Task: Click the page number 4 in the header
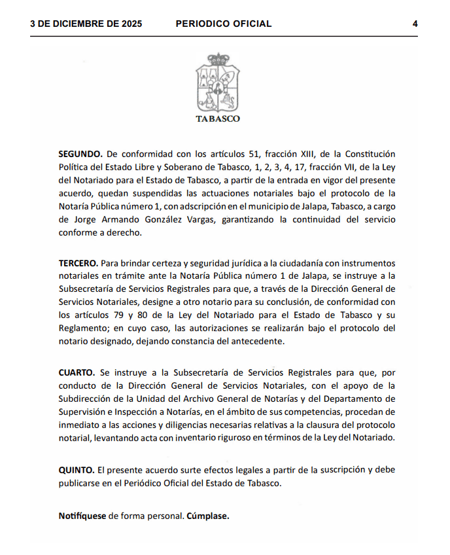click(415, 24)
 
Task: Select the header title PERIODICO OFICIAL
click(224, 24)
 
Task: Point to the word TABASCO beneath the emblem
click(218, 119)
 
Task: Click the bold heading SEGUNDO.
click(80, 154)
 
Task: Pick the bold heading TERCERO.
click(78, 262)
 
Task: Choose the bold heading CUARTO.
click(77, 372)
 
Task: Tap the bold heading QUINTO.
click(76, 470)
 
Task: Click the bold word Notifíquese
click(82, 516)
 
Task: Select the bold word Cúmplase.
click(208, 516)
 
